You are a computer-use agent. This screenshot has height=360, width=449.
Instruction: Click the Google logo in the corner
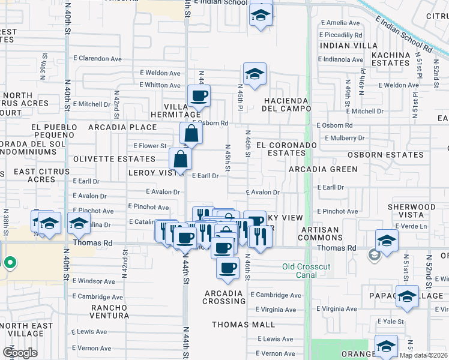(20, 353)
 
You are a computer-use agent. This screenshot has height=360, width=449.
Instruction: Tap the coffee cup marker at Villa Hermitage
(199, 95)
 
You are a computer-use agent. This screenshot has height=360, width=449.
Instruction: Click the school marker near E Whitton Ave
(255, 75)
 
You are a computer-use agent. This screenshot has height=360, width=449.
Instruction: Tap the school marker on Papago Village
(407, 297)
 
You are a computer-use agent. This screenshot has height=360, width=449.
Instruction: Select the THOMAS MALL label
(243, 325)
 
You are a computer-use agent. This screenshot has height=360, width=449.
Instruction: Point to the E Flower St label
(149, 146)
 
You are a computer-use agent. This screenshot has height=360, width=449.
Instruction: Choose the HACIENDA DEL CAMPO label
(285, 104)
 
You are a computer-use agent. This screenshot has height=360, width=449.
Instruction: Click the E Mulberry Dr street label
(345, 138)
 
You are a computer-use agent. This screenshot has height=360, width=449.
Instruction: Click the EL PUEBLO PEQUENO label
(54, 131)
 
